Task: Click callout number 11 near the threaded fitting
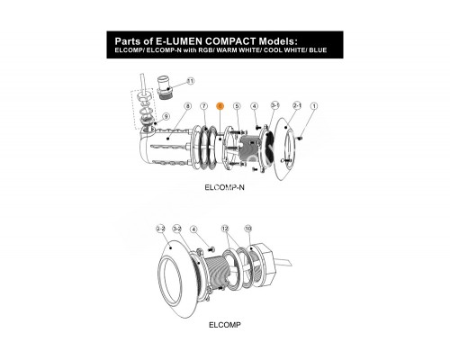point(190,81)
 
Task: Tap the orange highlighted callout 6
point(220,106)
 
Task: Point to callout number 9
point(166,117)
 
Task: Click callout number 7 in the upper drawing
point(204,106)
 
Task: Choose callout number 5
point(237,106)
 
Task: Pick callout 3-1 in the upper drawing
point(275,105)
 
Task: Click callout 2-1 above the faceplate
point(297,105)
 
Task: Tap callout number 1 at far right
point(314,106)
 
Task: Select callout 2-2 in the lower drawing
point(160,230)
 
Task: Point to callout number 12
point(226,230)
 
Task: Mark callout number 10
point(248,230)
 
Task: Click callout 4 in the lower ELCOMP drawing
point(193,230)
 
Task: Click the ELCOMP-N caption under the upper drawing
point(226,186)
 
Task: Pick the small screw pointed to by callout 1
point(303,137)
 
